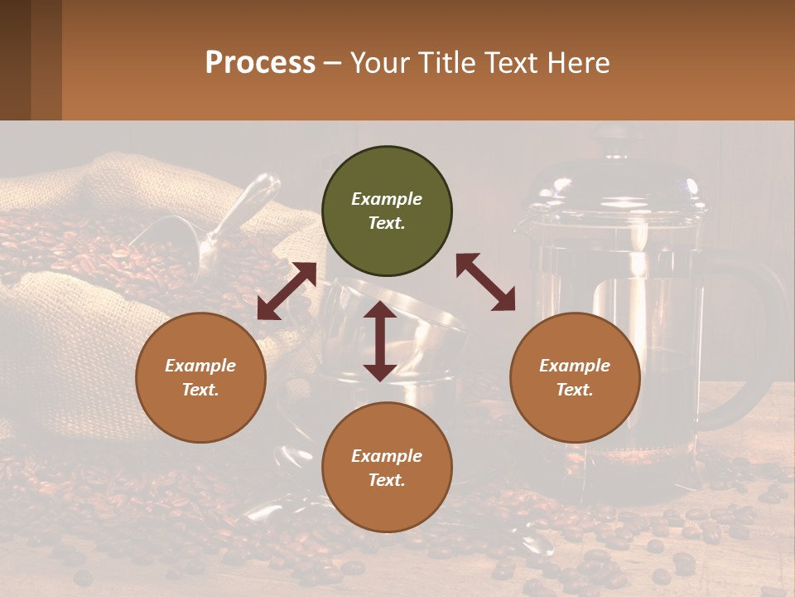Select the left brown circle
[x=200, y=377]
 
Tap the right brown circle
[x=575, y=377]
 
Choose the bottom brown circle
[x=387, y=468]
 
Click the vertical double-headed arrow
[x=380, y=341]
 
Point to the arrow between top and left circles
[x=287, y=291]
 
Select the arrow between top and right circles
[x=485, y=282]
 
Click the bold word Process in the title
[x=260, y=62]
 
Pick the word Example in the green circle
[x=387, y=199]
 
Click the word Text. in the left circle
[x=200, y=390]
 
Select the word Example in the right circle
[x=575, y=366]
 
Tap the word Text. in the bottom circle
[x=387, y=480]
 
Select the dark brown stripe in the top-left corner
[x=15, y=60]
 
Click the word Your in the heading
[x=376, y=62]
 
